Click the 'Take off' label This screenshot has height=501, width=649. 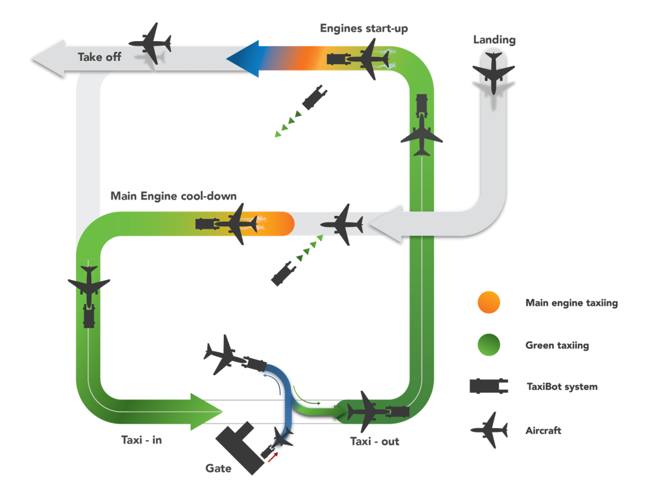coord(99,57)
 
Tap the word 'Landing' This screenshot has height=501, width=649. coord(494,41)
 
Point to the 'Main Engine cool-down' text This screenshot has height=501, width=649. coord(174,196)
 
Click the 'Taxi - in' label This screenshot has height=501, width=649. coord(141,440)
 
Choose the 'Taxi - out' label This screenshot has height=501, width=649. coord(375,441)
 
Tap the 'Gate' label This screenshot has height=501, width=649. coord(218,469)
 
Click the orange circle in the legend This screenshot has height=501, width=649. coord(489,302)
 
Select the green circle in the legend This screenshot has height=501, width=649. coord(489,345)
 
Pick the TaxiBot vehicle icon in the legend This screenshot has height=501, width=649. coord(489,386)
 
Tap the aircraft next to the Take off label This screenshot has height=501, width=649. coord(151,44)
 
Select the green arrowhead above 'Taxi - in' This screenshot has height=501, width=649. coord(207,412)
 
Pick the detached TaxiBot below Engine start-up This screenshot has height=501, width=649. coord(314,98)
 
